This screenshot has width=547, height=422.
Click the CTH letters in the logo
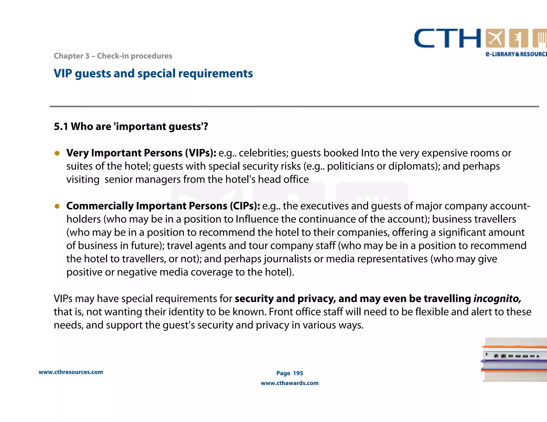pyautogui.click(x=447, y=38)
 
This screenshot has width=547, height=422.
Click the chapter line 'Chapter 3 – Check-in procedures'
pyautogui.click(x=113, y=56)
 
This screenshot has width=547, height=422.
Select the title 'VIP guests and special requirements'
pyautogui.click(x=153, y=74)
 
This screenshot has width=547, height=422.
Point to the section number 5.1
pyautogui.click(x=61, y=126)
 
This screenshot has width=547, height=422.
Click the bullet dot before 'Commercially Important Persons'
pyautogui.click(x=57, y=206)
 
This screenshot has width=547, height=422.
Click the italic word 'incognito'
pyautogui.click(x=497, y=299)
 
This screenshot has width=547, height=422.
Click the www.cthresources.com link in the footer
pyautogui.click(x=71, y=372)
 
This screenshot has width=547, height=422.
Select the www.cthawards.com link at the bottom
pyautogui.click(x=290, y=383)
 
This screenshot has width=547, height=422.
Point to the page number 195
pyautogui.click(x=298, y=373)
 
